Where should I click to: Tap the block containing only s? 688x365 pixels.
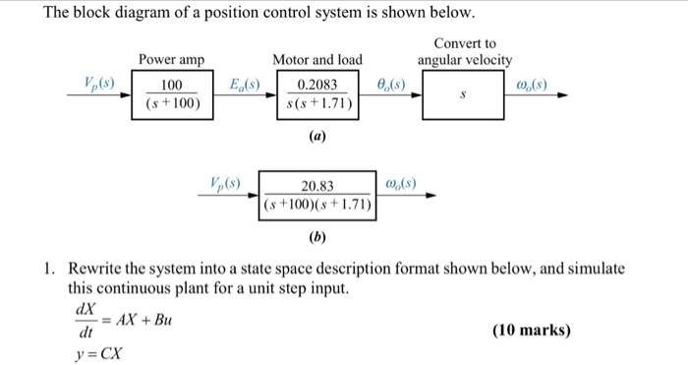pyautogui.click(x=468, y=95)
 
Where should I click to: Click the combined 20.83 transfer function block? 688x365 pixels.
pyautogui.click(x=318, y=195)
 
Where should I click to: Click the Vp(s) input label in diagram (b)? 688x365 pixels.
pyautogui.click(x=227, y=182)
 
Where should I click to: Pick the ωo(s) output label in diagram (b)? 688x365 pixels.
pyautogui.click(x=406, y=183)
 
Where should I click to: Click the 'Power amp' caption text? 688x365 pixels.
pyautogui.click(x=171, y=61)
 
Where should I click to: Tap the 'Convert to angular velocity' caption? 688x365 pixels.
pyautogui.click(x=465, y=52)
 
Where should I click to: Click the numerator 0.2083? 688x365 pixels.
pyautogui.click(x=317, y=86)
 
